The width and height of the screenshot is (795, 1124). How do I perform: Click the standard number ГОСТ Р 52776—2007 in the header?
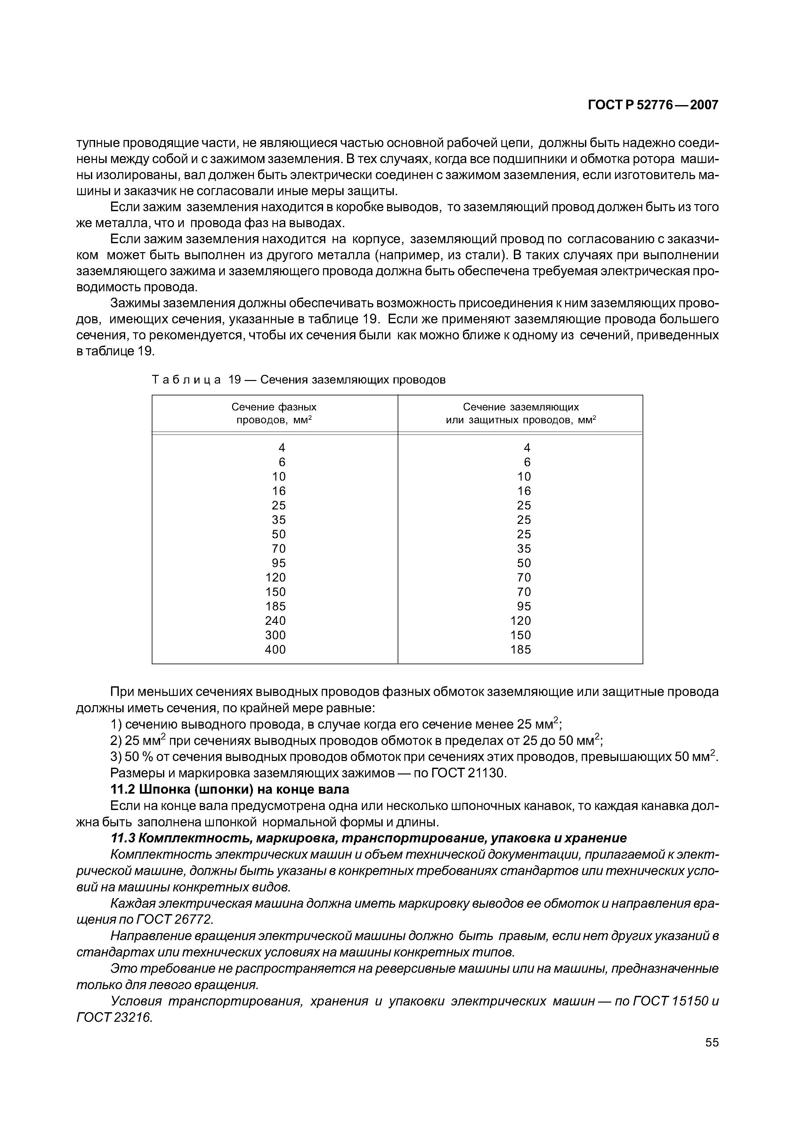point(653,105)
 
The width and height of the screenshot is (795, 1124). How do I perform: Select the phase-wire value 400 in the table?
point(275,649)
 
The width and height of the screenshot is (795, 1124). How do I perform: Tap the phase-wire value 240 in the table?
point(275,621)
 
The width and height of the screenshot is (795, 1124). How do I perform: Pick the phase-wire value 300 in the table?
point(275,635)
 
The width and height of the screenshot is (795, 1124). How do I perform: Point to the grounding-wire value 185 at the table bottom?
point(520,649)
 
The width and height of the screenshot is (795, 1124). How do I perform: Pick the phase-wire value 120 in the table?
point(275,577)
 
